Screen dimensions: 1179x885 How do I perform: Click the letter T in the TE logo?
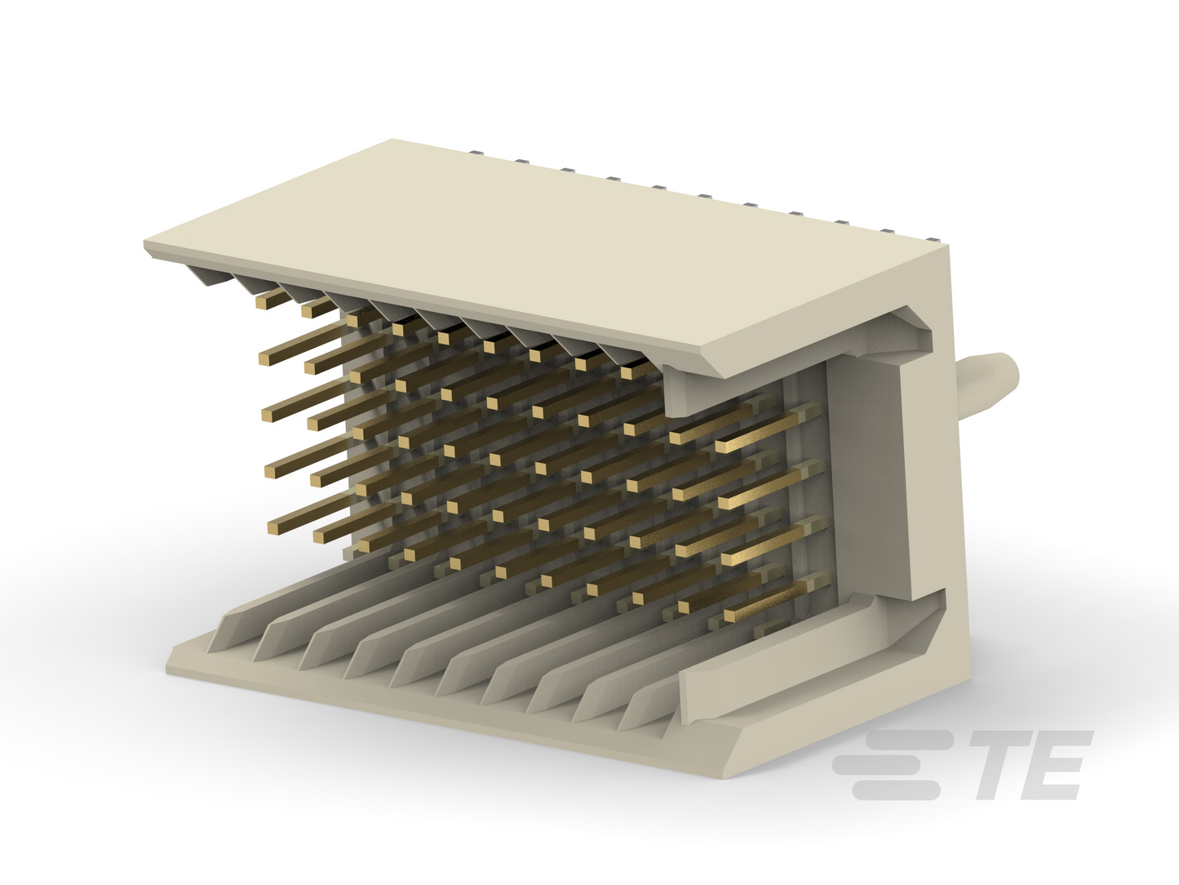(1004, 764)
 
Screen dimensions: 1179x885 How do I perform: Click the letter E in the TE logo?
(1056, 764)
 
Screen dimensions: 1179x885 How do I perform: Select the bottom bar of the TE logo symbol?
(895, 790)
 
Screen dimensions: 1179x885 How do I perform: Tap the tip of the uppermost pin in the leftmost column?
(262, 303)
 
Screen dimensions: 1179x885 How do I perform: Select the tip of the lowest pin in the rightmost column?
(730, 616)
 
